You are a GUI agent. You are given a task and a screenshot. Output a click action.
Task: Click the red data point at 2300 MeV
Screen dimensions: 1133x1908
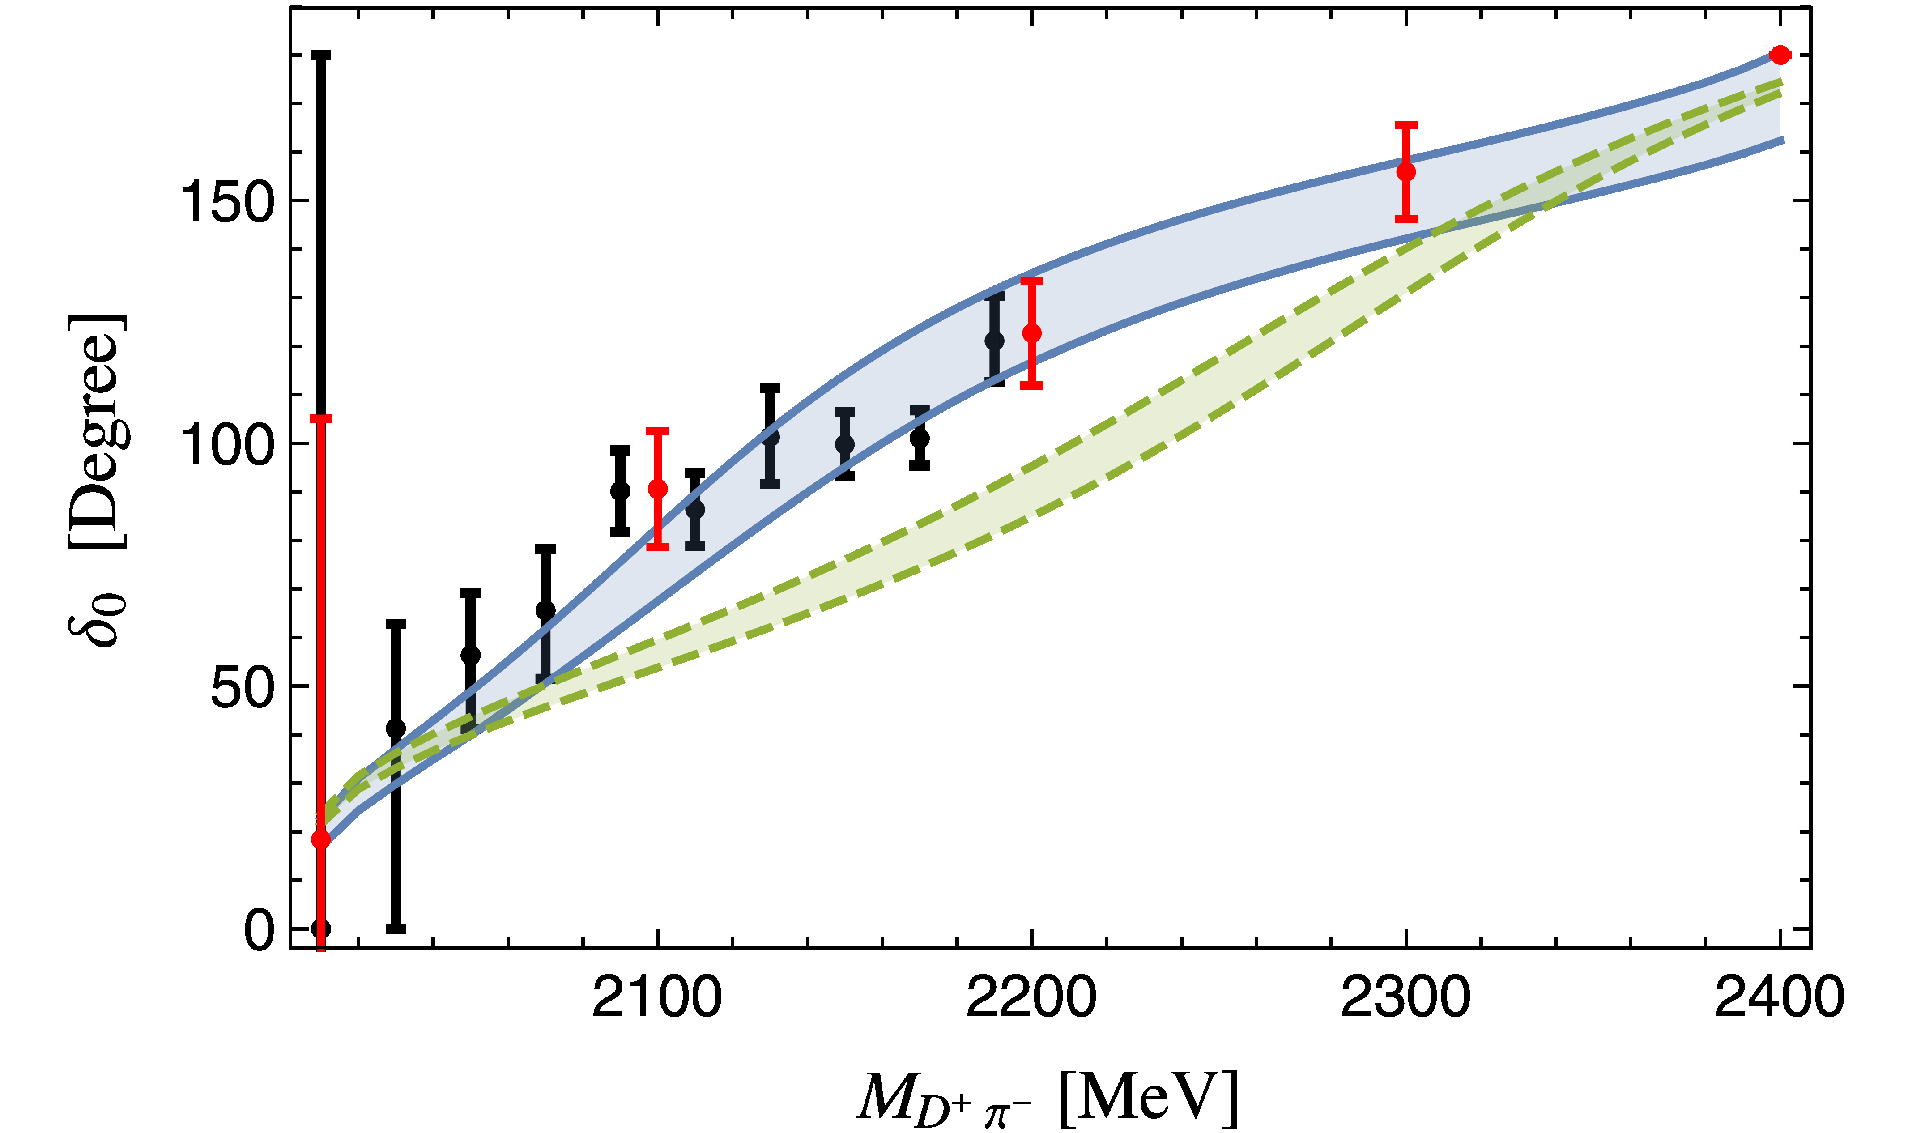[x=1405, y=172]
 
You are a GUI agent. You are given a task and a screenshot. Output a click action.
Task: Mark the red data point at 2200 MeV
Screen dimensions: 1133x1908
[x=1031, y=333]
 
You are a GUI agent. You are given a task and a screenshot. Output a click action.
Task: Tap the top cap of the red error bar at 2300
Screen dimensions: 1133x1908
[x=1405, y=124]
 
